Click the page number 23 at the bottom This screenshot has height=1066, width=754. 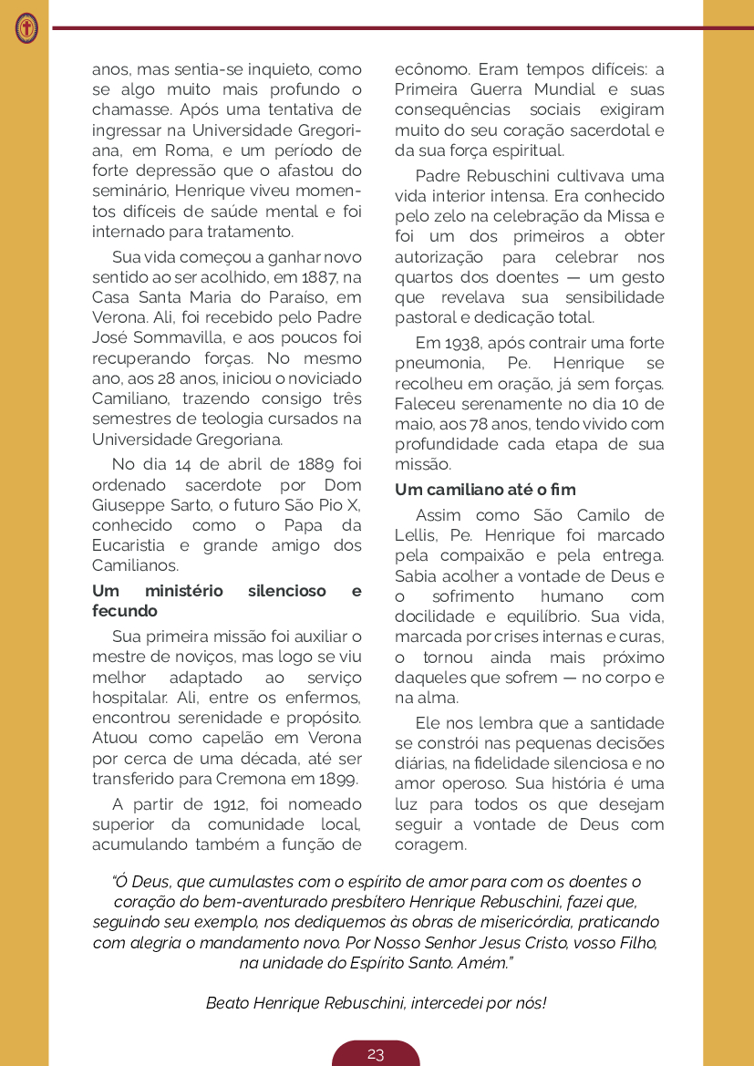pos(376,1054)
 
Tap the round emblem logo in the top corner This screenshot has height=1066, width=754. pos(26,28)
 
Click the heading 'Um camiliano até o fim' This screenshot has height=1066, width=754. pos(485,490)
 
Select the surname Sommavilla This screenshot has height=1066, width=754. pos(176,337)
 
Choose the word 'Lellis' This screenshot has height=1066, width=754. pos(416,535)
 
